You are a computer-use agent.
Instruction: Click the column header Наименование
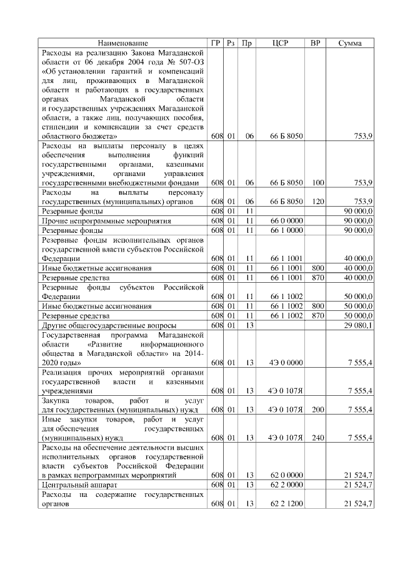click(x=123, y=43)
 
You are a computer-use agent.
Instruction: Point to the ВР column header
click(x=316, y=43)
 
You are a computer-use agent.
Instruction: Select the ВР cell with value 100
click(x=317, y=182)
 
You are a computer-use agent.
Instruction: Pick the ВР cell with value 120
click(x=317, y=201)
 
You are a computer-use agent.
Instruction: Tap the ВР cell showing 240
click(x=317, y=438)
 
